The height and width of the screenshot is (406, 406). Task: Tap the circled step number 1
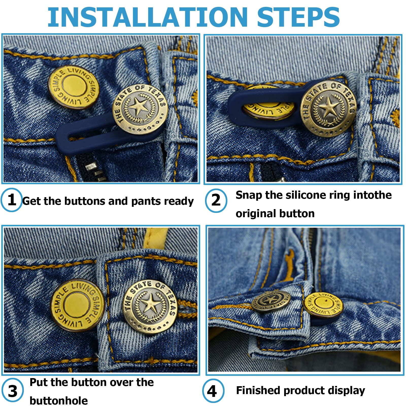pos(12,200)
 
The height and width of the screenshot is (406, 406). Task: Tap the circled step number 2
pos(216,200)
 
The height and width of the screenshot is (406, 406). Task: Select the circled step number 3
pos(12,391)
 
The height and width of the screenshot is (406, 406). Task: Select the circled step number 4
pos(213,391)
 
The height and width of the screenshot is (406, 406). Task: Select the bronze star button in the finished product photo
pos(271,300)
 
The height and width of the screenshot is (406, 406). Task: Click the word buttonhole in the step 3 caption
pos(59,401)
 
